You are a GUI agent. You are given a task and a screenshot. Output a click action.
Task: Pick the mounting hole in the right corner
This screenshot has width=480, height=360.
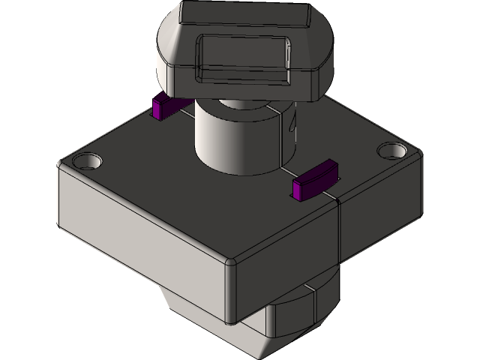click(389, 151)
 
